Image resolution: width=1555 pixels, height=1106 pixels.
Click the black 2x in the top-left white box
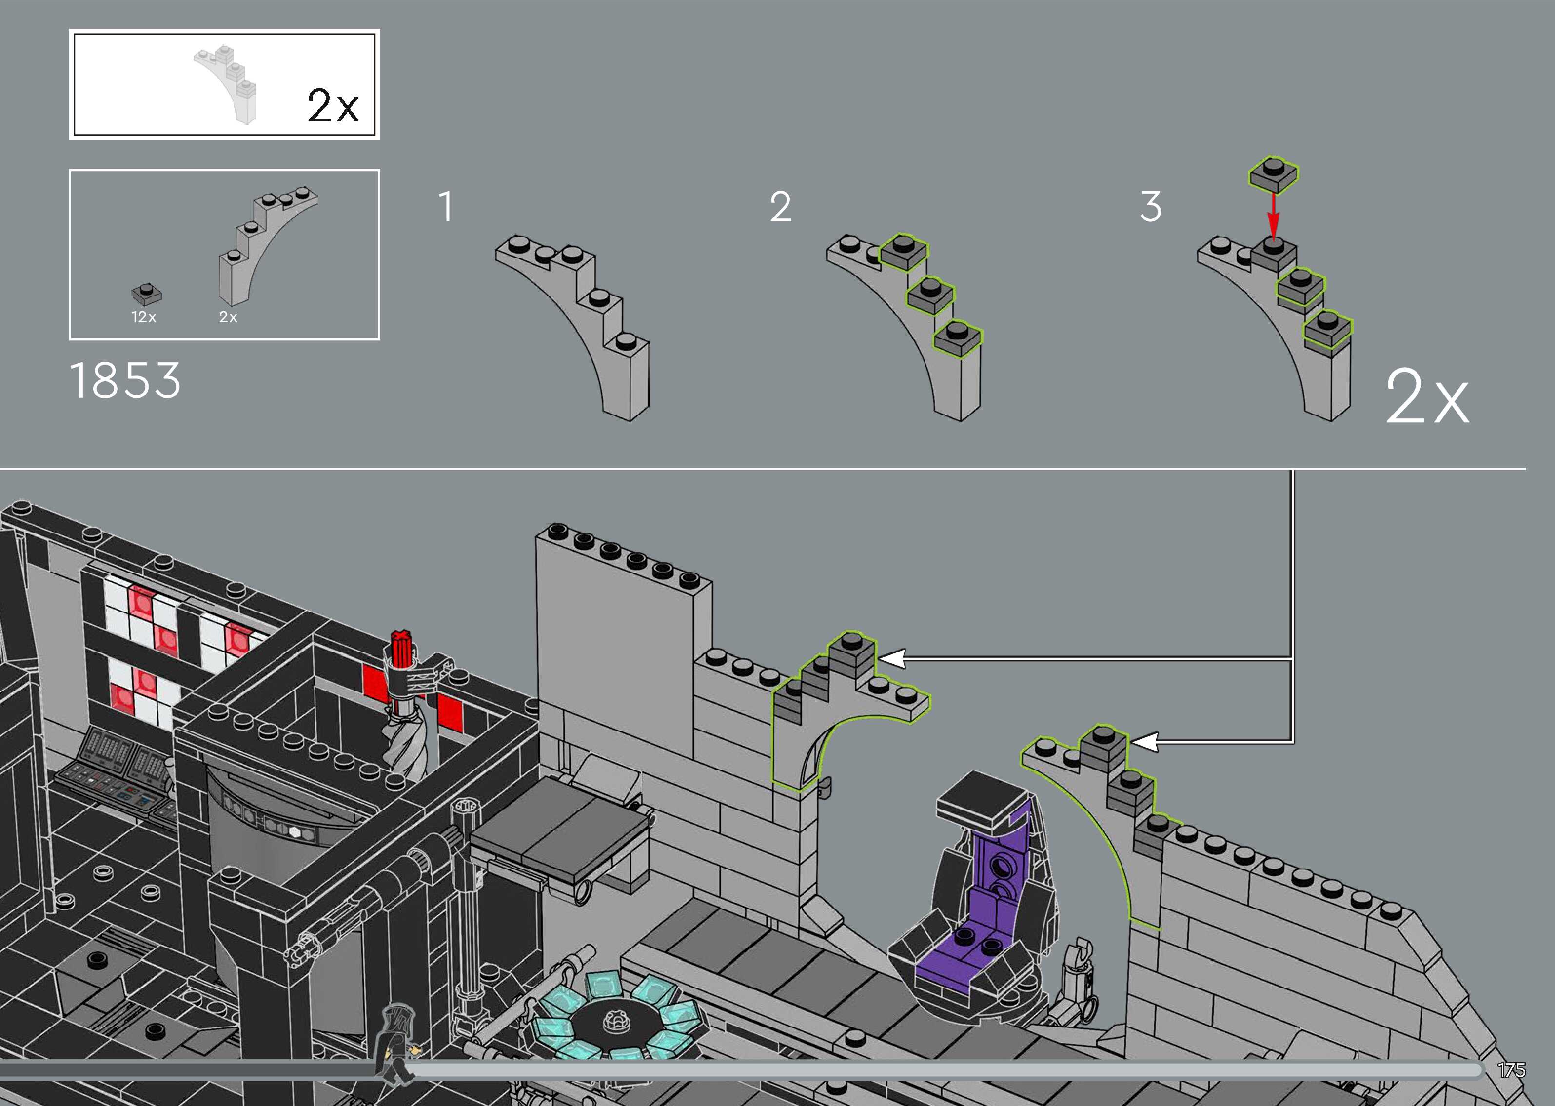[332, 105]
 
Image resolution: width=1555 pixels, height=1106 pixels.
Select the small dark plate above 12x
[146, 294]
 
